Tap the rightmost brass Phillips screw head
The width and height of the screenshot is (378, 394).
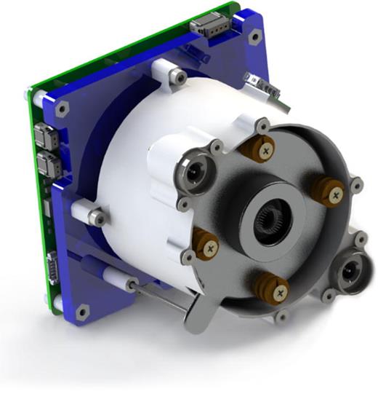click(335, 194)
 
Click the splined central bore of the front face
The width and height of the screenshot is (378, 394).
click(273, 218)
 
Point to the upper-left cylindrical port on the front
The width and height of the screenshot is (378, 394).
click(194, 173)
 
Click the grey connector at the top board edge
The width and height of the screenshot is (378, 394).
click(212, 28)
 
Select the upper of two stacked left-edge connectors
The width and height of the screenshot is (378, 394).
click(43, 135)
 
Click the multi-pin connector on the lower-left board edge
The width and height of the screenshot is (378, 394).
click(52, 265)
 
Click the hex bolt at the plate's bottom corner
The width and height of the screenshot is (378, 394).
click(81, 312)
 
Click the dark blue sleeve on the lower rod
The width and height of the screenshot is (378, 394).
click(92, 263)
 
